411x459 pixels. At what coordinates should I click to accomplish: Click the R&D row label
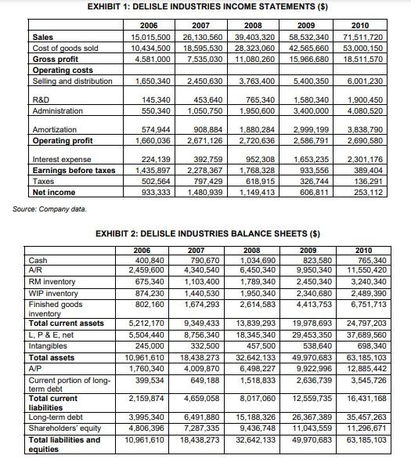42,100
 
